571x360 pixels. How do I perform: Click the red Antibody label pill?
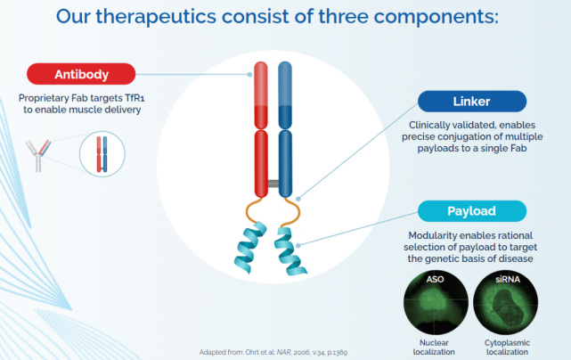(81, 74)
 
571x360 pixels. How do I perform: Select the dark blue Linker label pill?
(472, 102)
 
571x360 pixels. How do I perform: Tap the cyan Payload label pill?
(472, 211)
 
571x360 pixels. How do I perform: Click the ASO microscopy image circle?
(436, 302)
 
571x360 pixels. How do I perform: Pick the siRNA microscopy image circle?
(505, 302)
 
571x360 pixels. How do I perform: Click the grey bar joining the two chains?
(273, 184)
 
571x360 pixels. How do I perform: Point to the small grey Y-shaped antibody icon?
(38, 156)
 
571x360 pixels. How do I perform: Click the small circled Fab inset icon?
(102, 154)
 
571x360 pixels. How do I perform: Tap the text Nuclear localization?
(434, 348)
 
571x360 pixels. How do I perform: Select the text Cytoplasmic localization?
(507, 348)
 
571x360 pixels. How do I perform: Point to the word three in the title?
(344, 16)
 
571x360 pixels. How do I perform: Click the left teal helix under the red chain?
(250, 248)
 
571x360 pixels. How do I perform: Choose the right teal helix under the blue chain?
(290, 251)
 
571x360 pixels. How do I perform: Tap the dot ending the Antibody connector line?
(249, 74)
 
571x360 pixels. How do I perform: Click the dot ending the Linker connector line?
(298, 199)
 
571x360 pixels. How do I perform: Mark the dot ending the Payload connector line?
(298, 246)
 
